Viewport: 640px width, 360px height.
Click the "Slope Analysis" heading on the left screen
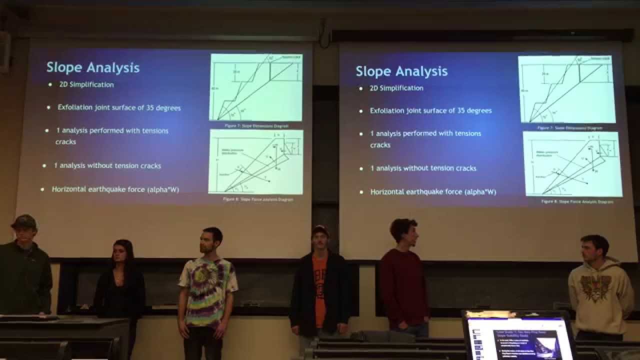[92, 67]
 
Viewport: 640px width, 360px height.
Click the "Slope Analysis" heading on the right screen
[401, 71]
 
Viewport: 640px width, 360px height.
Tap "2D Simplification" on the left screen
[86, 84]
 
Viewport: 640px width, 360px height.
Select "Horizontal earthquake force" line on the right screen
[433, 191]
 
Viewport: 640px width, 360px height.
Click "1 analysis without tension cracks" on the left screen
[107, 165]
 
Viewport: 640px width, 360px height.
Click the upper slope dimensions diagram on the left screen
[256, 87]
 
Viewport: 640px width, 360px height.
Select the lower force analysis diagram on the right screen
[572, 164]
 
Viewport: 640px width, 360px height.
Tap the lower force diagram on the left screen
[256, 161]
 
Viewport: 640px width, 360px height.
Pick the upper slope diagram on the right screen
[566, 89]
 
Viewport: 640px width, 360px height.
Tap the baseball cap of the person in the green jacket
[24, 220]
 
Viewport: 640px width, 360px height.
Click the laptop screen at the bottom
[520, 340]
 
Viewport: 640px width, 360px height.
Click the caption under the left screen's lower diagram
[258, 199]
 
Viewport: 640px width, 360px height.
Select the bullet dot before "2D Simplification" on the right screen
[361, 88]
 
